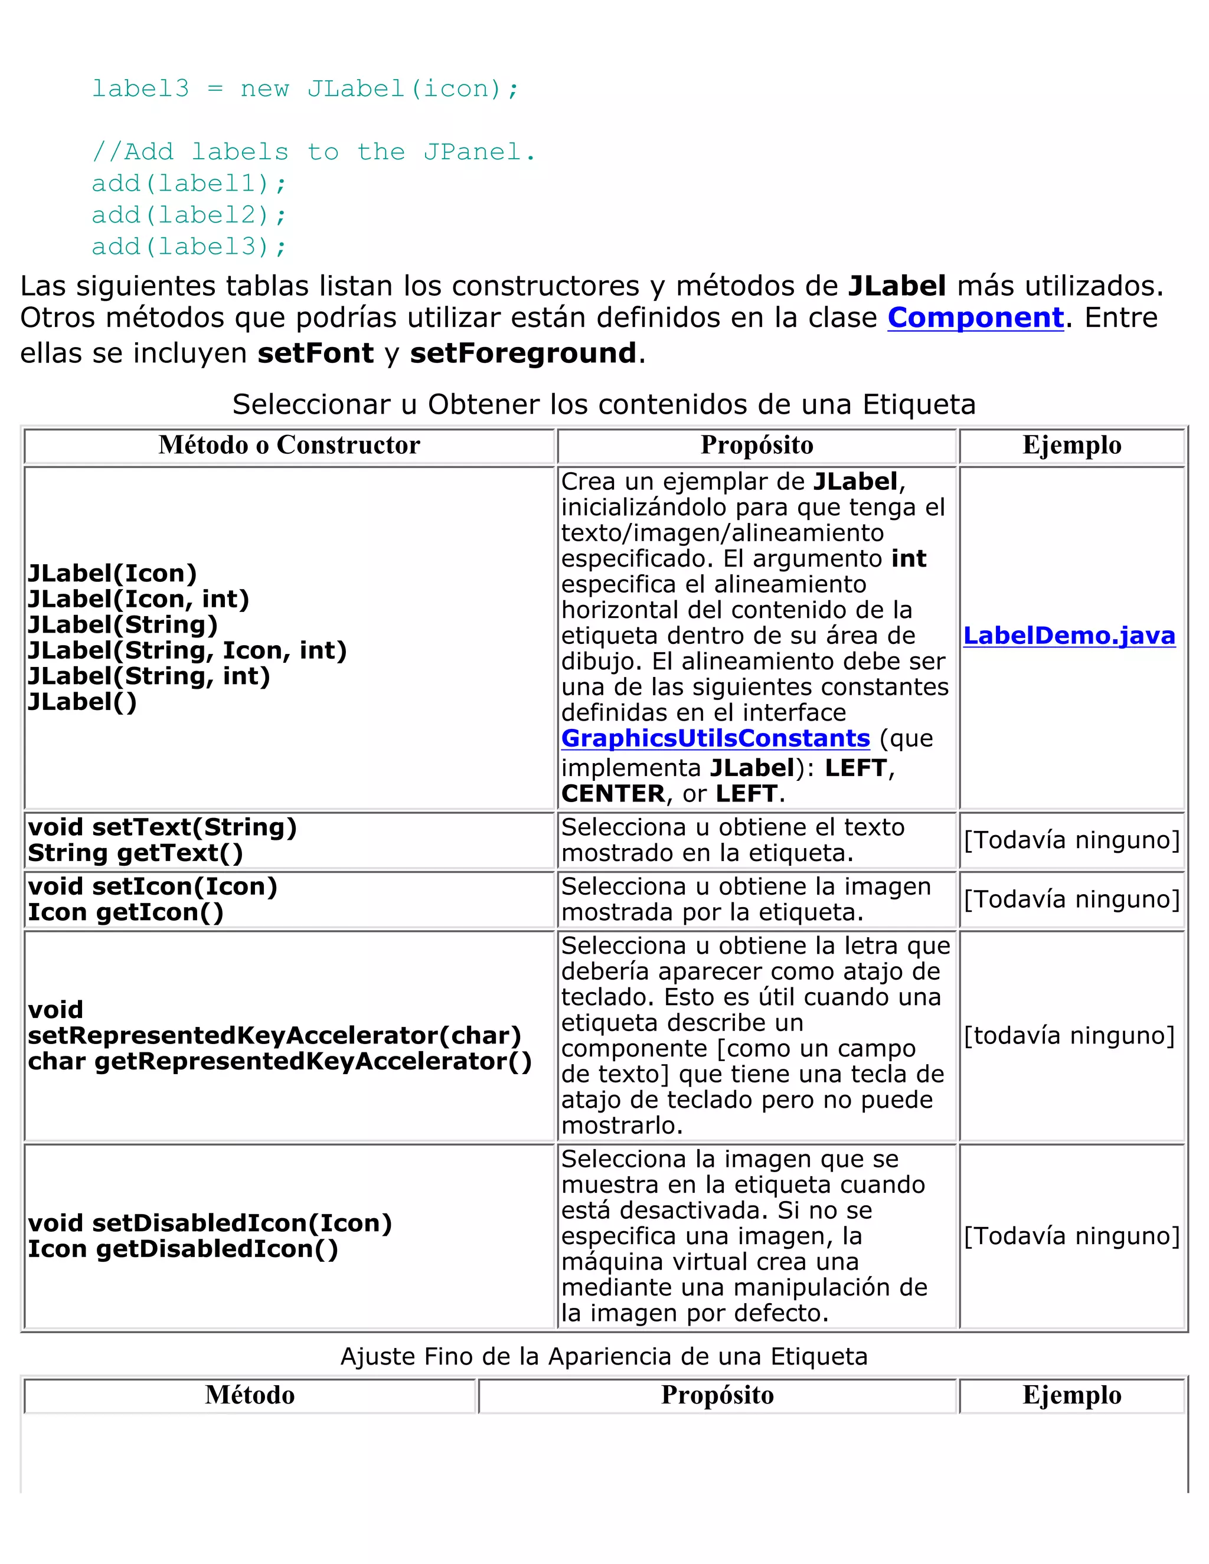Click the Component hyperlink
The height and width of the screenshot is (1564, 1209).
pyautogui.click(x=975, y=318)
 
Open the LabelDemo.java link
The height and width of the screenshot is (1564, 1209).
pyautogui.click(x=1069, y=635)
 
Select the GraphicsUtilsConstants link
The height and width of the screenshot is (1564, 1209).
pyautogui.click(x=715, y=738)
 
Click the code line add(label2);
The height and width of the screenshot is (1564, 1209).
pyautogui.click(x=189, y=215)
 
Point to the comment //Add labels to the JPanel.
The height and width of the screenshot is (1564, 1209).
pyautogui.click(x=313, y=152)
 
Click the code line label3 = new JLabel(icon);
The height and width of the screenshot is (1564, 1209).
pyautogui.click(x=305, y=89)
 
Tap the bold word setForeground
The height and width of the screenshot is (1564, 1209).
pyautogui.click(x=523, y=353)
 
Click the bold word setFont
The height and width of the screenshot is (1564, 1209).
pyautogui.click(x=316, y=353)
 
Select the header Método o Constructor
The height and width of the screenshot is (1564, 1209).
pyautogui.click(x=289, y=446)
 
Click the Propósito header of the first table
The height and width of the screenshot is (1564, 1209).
pyautogui.click(x=756, y=446)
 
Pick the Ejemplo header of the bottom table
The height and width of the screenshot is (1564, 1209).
pyautogui.click(x=1071, y=1395)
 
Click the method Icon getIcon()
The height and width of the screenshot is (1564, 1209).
pyautogui.click(x=125, y=912)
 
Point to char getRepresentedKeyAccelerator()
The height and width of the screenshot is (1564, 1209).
pyautogui.click(x=279, y=1061)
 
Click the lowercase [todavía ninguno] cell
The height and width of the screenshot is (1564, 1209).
pyautogui.click(x=1069, y=1036)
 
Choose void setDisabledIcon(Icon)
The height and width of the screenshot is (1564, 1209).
pyautogui.click(x=210, y=1223)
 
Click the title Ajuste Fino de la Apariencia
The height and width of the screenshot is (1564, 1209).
pyautogui.click(x=603, y=1356)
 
